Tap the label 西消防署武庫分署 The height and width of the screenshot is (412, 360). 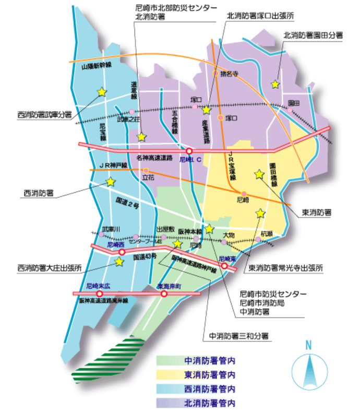click(x=44, y=114)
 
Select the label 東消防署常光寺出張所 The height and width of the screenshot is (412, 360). click(x=285, y=268)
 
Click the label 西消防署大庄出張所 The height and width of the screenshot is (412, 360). click(x=50, y=268)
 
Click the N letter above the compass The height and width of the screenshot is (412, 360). click(x=308, y=345)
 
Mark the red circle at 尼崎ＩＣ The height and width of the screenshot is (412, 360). click(x=189, y=150)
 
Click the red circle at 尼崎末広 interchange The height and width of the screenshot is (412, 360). click(x=100, y=293)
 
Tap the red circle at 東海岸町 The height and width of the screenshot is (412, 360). click(x=164, y=293)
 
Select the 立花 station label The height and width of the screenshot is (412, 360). click(x=149, y=178)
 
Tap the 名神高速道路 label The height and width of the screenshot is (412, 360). click(x=154, y=157)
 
